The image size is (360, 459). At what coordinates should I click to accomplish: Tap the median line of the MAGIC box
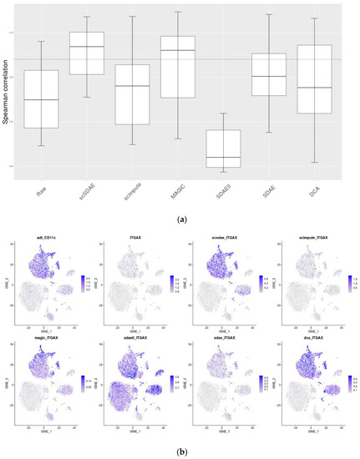tap(177, 50)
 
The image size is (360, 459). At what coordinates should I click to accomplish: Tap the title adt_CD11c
tap(46, 239)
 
